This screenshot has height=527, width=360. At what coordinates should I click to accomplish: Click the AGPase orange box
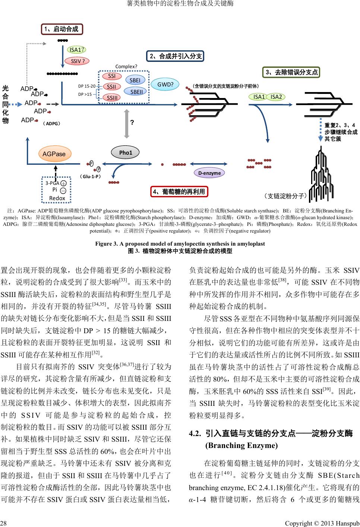coord(54,154)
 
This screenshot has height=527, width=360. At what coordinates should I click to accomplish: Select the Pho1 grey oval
coord(126,152)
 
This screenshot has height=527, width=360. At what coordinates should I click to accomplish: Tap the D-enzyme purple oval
coord(209,173)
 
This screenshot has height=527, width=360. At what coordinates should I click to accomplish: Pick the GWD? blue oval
coord(165,85)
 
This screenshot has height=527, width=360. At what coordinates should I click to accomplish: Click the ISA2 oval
coord(277,97)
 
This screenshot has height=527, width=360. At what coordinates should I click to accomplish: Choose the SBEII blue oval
coord(136,92)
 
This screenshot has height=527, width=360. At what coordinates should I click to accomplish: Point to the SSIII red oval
coord(111,98)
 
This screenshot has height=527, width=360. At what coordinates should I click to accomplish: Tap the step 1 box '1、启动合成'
coord(61,29)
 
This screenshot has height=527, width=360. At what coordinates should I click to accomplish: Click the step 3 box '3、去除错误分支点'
coord(291,72)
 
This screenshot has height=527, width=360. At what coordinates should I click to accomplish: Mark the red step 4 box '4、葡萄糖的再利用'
coord(179,192)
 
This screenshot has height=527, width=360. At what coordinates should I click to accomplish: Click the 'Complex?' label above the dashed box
coord(126,67)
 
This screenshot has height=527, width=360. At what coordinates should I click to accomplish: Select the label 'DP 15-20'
coord(86,86)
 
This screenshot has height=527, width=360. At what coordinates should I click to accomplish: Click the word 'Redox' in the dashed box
coord(57,198)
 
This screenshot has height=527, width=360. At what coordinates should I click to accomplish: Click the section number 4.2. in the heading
coord(195,433)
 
